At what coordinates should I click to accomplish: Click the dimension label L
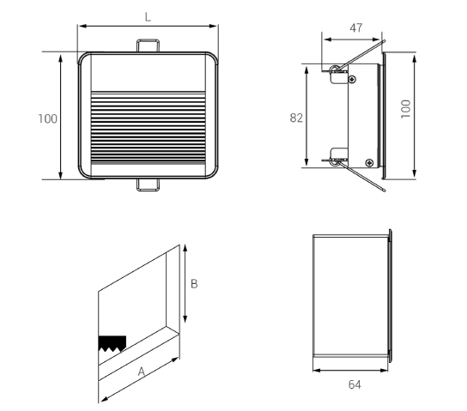click(148, 17)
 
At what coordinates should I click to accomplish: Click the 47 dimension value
click(356, 27)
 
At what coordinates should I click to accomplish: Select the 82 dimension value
click(296, 118)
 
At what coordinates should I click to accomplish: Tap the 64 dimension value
click(355, 384)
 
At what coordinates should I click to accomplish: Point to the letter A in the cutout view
click(141, 372)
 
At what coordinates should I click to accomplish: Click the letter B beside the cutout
click(194, 284)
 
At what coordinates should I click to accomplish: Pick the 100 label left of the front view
click(48, 118)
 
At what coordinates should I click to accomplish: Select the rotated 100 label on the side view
click(405, 109)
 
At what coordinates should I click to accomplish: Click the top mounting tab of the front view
click(148, 45)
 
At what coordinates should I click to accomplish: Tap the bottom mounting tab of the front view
click(148, 184)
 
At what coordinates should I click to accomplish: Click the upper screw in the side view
click(352, 79)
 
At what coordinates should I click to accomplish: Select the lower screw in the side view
click(369, 162)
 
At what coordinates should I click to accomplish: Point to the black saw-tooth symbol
click(112, 343)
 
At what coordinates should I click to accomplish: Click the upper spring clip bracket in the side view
click(339, 74)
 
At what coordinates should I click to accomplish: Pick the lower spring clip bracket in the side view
click(339, 157)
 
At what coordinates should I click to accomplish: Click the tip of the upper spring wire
click(385, 41)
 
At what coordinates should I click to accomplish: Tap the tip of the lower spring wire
click(385, 190)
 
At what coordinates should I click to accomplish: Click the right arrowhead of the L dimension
click(214, 27)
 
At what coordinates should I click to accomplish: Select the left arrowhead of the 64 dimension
click(317, 371)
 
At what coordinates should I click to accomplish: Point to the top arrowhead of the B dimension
click(185, 249)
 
